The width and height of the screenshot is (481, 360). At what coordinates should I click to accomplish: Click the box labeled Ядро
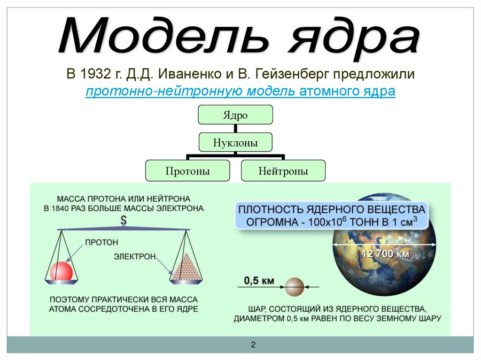click(x=235, y=115)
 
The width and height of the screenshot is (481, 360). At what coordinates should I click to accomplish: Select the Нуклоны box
click(x=235, y=142)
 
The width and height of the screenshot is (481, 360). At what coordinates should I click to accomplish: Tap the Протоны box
click(x=187, y=171)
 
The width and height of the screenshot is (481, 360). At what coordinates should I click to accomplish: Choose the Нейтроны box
click(x=283, y=171)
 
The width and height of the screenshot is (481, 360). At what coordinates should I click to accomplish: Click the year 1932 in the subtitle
click(x=92, y=74)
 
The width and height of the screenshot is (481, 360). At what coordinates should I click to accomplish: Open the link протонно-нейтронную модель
click(x=190, y=91)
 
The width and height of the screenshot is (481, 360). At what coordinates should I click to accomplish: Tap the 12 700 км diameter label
click(x=385, y=254)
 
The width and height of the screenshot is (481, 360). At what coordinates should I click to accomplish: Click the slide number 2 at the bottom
click(x=253, y=345)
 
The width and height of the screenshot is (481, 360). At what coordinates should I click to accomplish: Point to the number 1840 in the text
click(x=64, y=208)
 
